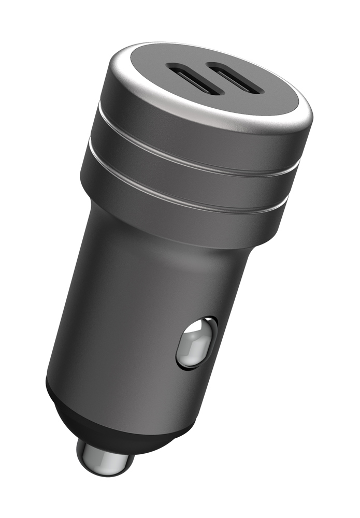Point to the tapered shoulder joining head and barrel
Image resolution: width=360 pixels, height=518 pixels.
point(155,223)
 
